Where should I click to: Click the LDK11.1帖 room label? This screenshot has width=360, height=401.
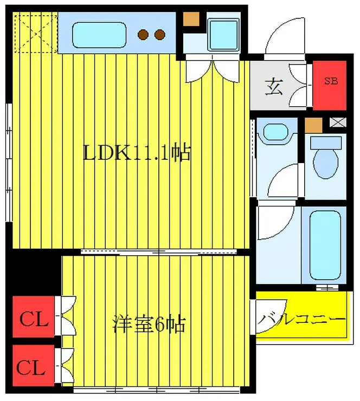pos(136,153)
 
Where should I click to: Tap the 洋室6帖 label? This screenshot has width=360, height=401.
pos(149,325)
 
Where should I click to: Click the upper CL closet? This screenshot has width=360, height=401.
pos(34,320)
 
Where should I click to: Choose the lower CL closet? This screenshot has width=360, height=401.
pos(34,367)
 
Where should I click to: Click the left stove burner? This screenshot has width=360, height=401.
pos(143,35)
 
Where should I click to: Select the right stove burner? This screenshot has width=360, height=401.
pos(159,35)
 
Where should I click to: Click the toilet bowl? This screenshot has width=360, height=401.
pos(325,159)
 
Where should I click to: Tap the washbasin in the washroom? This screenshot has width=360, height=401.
pos(277,132)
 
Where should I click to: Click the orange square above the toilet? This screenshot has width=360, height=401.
pos(313,125)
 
